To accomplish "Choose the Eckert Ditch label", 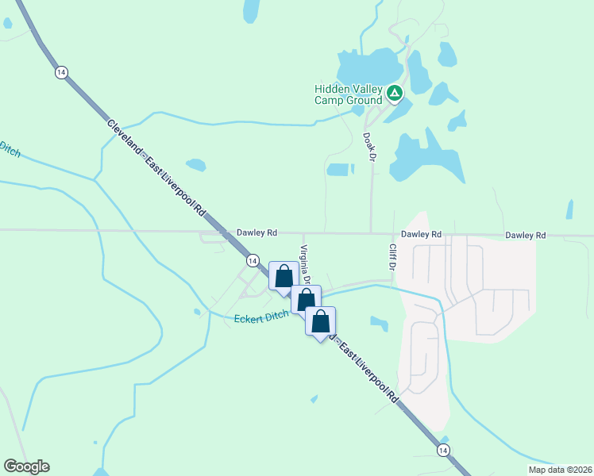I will (261, 317).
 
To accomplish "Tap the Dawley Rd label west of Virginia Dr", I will (256, 233).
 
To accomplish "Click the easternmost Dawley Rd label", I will (526, 235).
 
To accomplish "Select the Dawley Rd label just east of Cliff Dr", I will (421, 234).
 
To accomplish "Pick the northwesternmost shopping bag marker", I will (283, 275).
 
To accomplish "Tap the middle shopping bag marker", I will (306, 299).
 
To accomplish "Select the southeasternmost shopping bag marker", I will (320, 321).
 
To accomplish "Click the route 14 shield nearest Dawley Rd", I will (252, 260).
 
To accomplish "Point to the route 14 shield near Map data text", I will (442, 449).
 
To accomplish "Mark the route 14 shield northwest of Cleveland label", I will (61, 72).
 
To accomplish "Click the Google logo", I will (26, 466).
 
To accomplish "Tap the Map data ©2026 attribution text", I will (560, 470).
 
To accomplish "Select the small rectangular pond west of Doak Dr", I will (339, 169).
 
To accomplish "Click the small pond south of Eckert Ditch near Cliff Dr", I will (379, 323).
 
